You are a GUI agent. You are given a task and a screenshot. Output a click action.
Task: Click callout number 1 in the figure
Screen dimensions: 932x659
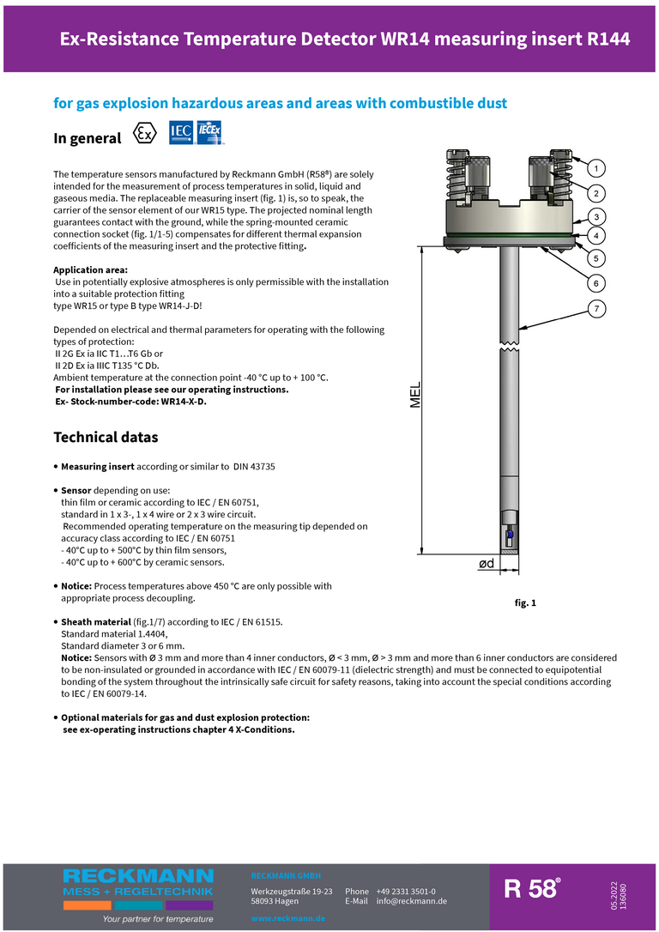pyautogui.click(x=596, y=167)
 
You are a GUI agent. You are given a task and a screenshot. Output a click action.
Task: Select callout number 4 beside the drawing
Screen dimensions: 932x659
pyautogui.click(x=596, y=234)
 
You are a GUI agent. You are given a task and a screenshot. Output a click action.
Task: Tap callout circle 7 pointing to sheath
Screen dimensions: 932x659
pyautogui.click(x=596, y=308)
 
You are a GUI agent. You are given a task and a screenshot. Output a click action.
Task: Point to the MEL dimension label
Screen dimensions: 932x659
pyautogui.click(x=415, y=395)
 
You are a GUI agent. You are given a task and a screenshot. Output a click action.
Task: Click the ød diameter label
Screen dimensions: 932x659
pyautogui.click(x=486, y=563)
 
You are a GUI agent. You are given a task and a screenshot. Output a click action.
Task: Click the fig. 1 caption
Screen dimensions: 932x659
pyautogui.click(x=525, y=603)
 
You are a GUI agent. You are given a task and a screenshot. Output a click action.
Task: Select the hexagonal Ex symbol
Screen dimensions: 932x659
pyautogui.click(x=146, y=134)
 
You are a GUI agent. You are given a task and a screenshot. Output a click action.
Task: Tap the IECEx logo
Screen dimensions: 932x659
pyautogui.click(x=209, y=131)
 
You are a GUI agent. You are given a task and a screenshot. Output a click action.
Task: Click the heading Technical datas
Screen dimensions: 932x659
pyautogui.click(x=106, y=437)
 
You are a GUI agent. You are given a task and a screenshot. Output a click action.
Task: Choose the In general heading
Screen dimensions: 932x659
pyautogui.click(x=88, y=138)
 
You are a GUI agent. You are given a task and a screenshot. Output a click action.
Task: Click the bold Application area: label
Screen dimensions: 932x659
pyautogui.click(x=90, y=269)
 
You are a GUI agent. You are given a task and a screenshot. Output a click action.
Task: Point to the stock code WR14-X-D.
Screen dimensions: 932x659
pyautogui.click(x=179, y=401)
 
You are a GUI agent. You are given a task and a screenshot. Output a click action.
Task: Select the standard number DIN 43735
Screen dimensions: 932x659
pyautogui.click(x=254, y=466)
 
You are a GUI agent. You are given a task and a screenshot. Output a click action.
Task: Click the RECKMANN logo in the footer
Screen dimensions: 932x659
pyautogui.click(x=138, y=876)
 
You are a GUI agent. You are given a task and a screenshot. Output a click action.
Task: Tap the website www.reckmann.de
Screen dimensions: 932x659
pyautogui.click(x=287, y=918)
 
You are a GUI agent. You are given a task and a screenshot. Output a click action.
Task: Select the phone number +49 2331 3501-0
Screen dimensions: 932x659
pyautogui.click(x=405, y=892)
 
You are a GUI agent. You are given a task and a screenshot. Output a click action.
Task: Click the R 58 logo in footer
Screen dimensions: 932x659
pyautogui.click(x=532, y=889)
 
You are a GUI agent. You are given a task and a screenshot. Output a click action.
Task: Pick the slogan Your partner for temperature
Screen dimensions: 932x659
pyautogui.click(x=157, y=919)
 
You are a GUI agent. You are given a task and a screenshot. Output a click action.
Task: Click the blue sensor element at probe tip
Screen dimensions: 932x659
pyautogui.click(x=510, y=535)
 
